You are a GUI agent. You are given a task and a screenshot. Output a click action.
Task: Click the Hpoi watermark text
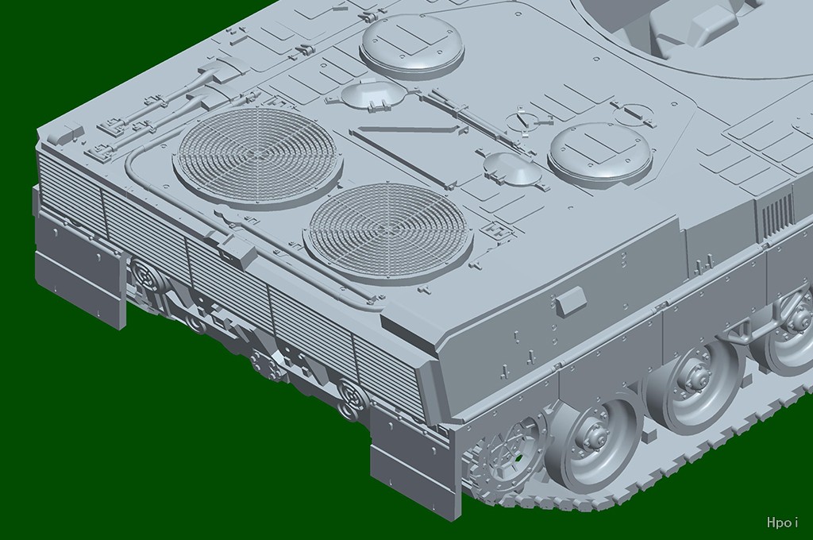click(782, 522)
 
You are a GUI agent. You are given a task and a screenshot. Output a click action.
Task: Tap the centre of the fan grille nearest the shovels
click(258, 152)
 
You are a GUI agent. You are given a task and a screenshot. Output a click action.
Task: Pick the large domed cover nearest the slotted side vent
click(600, 152)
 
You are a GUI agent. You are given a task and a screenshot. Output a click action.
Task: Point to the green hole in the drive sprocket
click(518, 457)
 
